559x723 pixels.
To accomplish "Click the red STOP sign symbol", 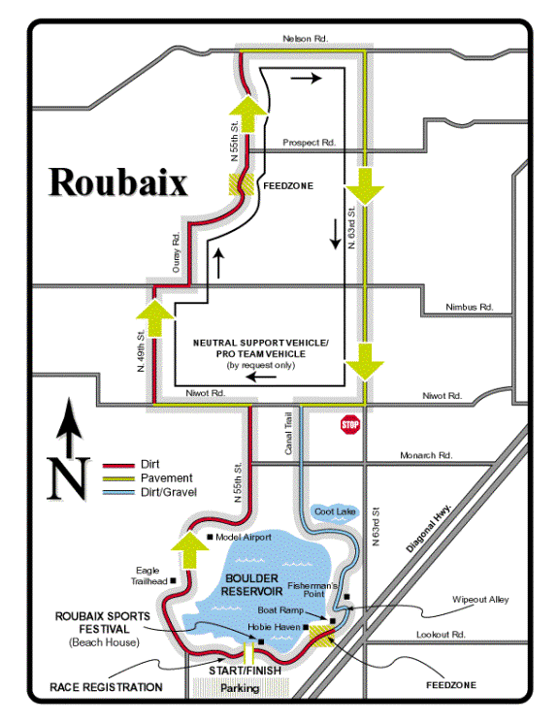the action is coord(350,425).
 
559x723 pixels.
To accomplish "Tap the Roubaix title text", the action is coord(118,182).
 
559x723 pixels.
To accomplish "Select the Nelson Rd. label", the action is coord(306,39).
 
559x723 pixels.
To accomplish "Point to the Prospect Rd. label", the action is coord(309,143).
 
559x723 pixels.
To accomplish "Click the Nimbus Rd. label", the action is coord(470,307).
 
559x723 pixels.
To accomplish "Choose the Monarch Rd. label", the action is coord(426,455).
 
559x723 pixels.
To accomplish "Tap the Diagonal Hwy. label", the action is coord(429,528).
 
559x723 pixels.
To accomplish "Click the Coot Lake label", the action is coord(336,511).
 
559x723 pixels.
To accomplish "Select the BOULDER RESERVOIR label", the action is coord(251,584).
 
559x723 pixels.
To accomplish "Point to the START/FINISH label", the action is coord(245,671).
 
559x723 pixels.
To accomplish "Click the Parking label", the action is coord(240,688).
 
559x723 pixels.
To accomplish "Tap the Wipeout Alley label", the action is coord(480,600).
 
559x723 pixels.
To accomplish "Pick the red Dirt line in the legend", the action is coord(118,465).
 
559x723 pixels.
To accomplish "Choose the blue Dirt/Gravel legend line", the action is coord(118,493).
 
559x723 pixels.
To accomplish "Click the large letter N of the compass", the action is coord(68,479).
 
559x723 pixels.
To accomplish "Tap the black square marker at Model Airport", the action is coord(210,537).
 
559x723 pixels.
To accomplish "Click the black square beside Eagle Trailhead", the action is coord(174,581).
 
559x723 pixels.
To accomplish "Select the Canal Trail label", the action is coord(288,434).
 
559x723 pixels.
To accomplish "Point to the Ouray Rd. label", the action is coord(176,252).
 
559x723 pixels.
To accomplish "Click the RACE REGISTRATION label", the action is coord(106,687).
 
